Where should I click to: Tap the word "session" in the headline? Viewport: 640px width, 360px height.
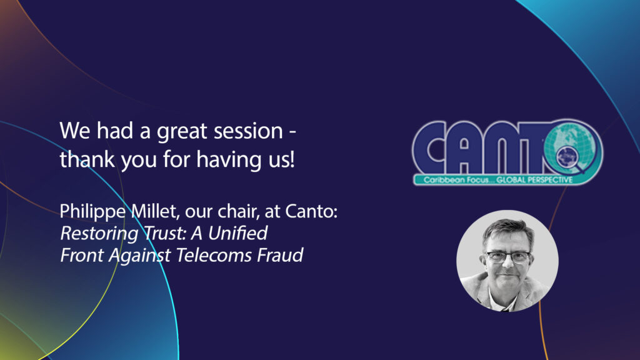(x=249, y=131)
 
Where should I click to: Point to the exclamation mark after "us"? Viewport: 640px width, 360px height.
(x=292, y=159)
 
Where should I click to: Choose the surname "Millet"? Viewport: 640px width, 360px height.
(x=154, y=211)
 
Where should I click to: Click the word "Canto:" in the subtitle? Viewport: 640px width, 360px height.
(x=311, y=211)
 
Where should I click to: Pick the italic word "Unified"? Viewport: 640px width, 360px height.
(x=238, y=233)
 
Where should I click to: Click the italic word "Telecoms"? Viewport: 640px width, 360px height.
(x=214, y=255)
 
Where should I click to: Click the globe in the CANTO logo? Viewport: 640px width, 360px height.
(x=571, y=147)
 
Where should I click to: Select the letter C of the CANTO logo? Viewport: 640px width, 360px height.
(x=430, y=147)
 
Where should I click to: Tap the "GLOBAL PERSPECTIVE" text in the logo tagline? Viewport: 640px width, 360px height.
(x=534, y=180)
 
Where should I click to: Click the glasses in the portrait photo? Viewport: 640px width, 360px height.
(x=507, y=257)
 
